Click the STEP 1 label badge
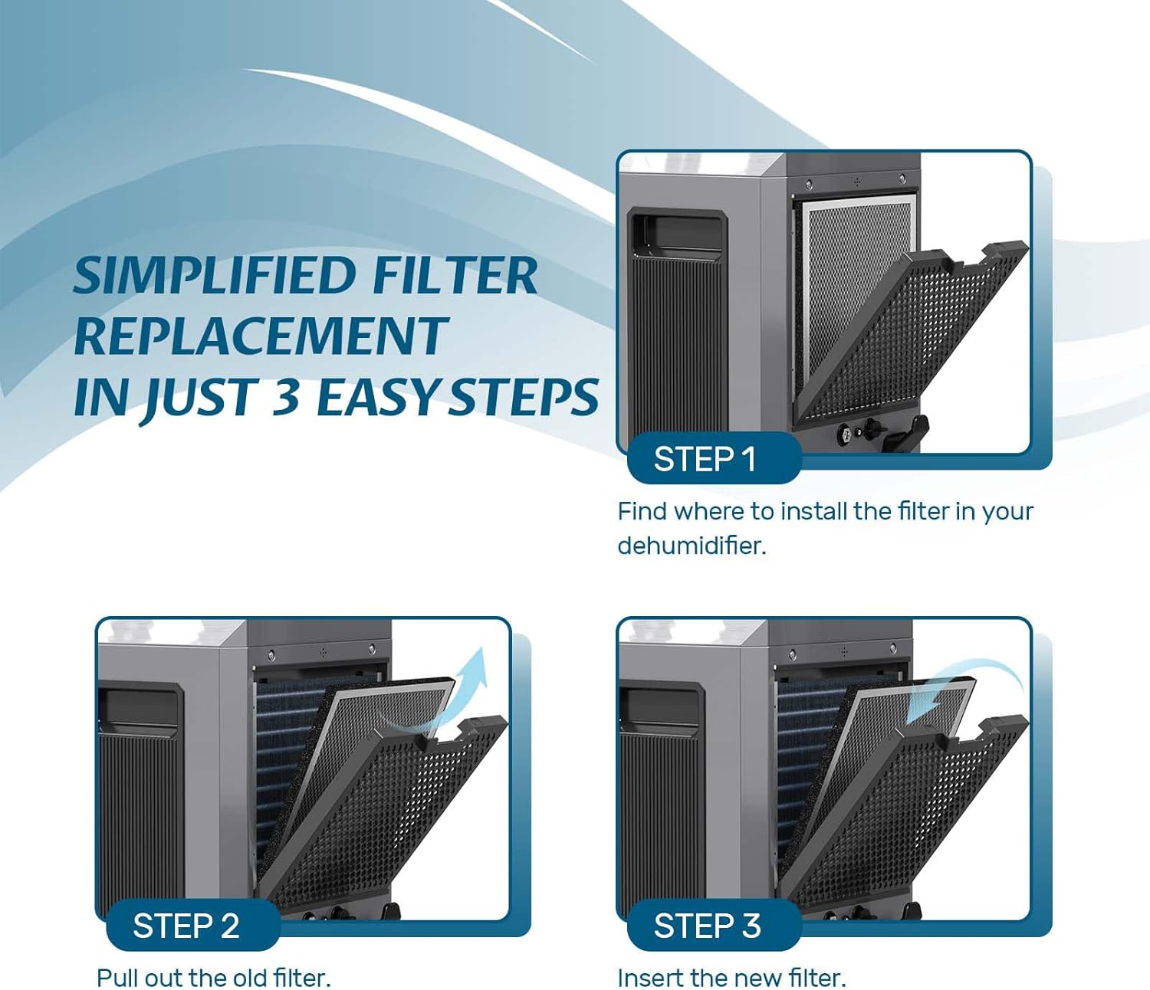click(715, 457)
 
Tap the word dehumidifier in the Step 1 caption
click(692, 546)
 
